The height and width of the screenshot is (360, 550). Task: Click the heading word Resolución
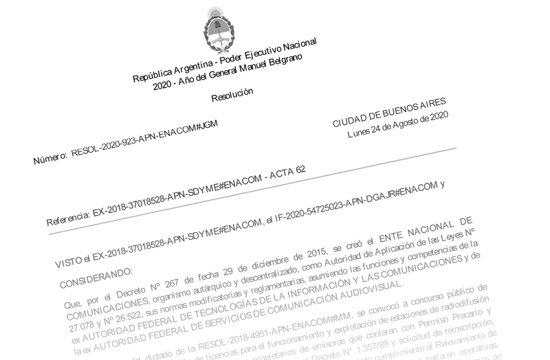(x=232, y=94)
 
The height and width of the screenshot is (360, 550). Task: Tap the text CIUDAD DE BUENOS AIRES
(x=389, y=113)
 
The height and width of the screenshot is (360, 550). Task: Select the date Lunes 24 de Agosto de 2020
(x=399, y=126)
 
